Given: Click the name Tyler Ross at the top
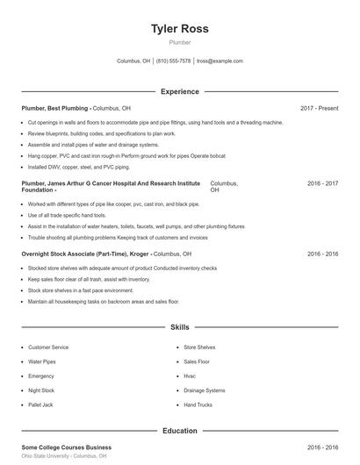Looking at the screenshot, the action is [x=179, y=28].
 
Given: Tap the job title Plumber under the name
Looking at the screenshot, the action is [x=179, y=42].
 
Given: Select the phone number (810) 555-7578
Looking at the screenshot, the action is [x=174, y=61].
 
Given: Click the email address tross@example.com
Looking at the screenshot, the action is [x=220, y=61].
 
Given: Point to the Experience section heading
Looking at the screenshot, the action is [x=179, y=91].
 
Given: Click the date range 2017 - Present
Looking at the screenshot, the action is [x=319, y=108].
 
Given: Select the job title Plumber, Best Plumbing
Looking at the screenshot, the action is [x=54, y=108].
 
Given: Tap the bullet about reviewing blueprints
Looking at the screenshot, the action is [x=101, y=133].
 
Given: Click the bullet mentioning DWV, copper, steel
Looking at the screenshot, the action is [x=78, y=167].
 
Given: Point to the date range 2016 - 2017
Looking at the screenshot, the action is [x=322, y=183].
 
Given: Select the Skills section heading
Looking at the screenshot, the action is [x=179, y=327].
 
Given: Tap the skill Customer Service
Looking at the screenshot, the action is [x=48, y=347].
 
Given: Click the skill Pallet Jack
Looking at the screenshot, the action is [x=40, y=404].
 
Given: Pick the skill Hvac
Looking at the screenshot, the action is [x=190, y=376].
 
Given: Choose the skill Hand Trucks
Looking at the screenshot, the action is [x=198, y=404].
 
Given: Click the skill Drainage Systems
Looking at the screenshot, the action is [x=204, y=390].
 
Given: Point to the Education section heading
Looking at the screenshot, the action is [x=179, y=431].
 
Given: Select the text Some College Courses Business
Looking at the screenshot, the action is [x=66, y=447].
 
